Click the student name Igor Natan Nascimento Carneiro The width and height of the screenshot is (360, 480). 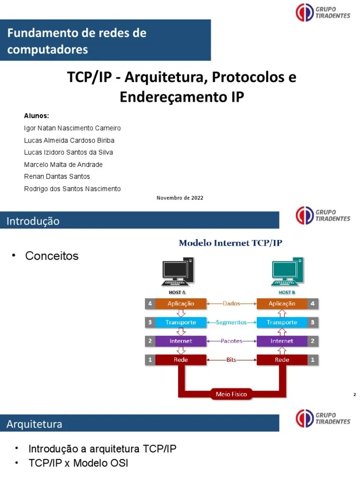point(72,128)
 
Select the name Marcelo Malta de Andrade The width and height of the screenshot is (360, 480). point(63,165)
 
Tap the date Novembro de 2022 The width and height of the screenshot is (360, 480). point(180,198)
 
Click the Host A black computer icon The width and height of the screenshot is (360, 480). point(178,272)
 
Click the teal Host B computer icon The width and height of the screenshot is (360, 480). point(287,272)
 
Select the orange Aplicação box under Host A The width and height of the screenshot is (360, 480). point(181,304)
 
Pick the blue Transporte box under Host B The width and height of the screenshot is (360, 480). point(282,322)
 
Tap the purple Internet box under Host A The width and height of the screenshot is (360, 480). point(181,341)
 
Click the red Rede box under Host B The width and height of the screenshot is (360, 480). point(282,360)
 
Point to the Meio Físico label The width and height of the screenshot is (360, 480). point(231,394)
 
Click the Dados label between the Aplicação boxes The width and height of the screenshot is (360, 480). point(231,304)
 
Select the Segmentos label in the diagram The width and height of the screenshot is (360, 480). point(231,322)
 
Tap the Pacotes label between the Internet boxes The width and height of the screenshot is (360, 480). point(231,341)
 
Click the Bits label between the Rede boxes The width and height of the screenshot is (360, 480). point(231,360)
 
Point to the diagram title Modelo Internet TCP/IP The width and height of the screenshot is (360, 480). point(231,243)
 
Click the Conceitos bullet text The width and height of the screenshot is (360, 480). point(52,256)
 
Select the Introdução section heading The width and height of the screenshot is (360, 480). point(33,221)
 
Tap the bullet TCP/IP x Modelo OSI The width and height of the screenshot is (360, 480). point(78,463)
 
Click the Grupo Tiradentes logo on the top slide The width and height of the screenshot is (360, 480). point(323,12)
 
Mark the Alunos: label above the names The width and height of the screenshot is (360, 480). point(37,116)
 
